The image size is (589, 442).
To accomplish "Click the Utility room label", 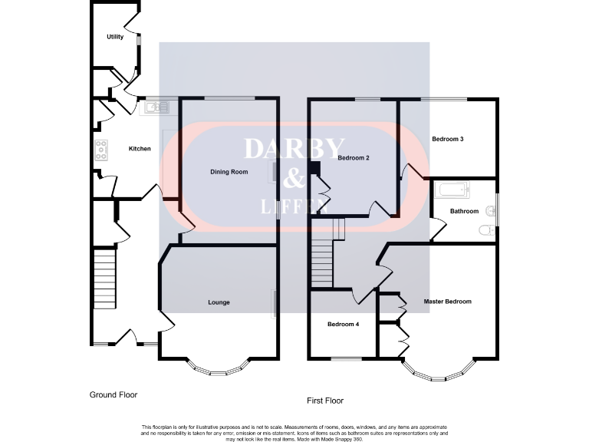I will click(x=115, y=37).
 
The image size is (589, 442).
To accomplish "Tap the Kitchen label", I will click(x=140, y=149).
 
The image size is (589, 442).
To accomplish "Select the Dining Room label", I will click(x=229, y=172).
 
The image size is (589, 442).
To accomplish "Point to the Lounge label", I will click(x=219, y=302).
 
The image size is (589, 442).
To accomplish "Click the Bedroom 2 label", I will click(x=354, y=158).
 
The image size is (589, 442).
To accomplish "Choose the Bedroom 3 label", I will click(x=447, y=140).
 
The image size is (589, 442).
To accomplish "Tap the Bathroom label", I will click(x=464, y=211).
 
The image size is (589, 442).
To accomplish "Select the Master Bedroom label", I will click(x=447, y=302).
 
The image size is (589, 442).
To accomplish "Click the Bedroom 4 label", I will click(x=343, y=324).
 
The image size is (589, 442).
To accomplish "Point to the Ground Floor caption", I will click(x=113, y=394).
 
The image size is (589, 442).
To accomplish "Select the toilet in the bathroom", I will click(x=485, y=229).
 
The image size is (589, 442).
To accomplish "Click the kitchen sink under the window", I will click(x=155, y=107).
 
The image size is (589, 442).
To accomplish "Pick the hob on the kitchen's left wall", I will click(x=100, y=150).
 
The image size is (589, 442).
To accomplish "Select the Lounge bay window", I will click(x=219, y=369).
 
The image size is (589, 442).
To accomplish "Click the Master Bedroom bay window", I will click(x=436, y=374).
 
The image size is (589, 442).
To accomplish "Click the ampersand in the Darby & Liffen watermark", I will click(x=294, y=178).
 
